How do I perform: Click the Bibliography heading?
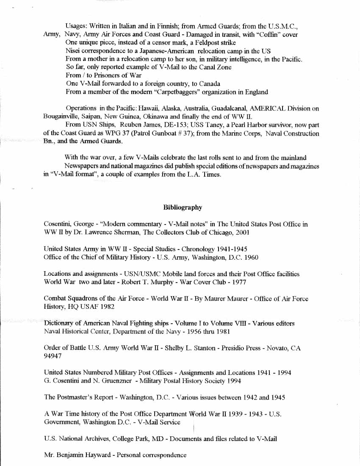point(183,207)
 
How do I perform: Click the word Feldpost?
point(202,43)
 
